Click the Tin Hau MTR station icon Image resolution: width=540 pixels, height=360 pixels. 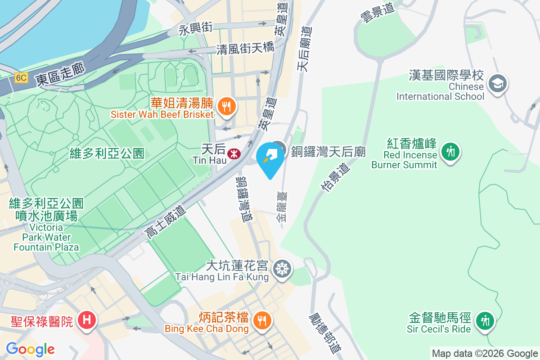click(x=234, y=154)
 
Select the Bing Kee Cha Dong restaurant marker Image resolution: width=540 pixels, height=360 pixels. click(x=261, y=320)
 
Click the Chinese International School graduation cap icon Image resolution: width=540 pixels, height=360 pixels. click(x=498, y=84)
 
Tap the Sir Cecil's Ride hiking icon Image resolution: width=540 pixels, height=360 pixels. click(x=485, y=321)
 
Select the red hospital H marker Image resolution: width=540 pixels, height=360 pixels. click(x=87, y=320)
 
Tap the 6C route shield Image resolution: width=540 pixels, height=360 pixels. click(x=21, y=78)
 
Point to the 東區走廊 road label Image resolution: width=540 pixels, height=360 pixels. click(x=61, y=75)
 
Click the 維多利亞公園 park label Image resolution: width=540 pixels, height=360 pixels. click(x=107, y=154)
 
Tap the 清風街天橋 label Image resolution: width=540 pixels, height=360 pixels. click(x=245, y=48)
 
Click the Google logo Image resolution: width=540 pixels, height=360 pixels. click(x=31, y=349)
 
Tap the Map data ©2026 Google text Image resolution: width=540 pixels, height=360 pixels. click(x=485, y=354)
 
